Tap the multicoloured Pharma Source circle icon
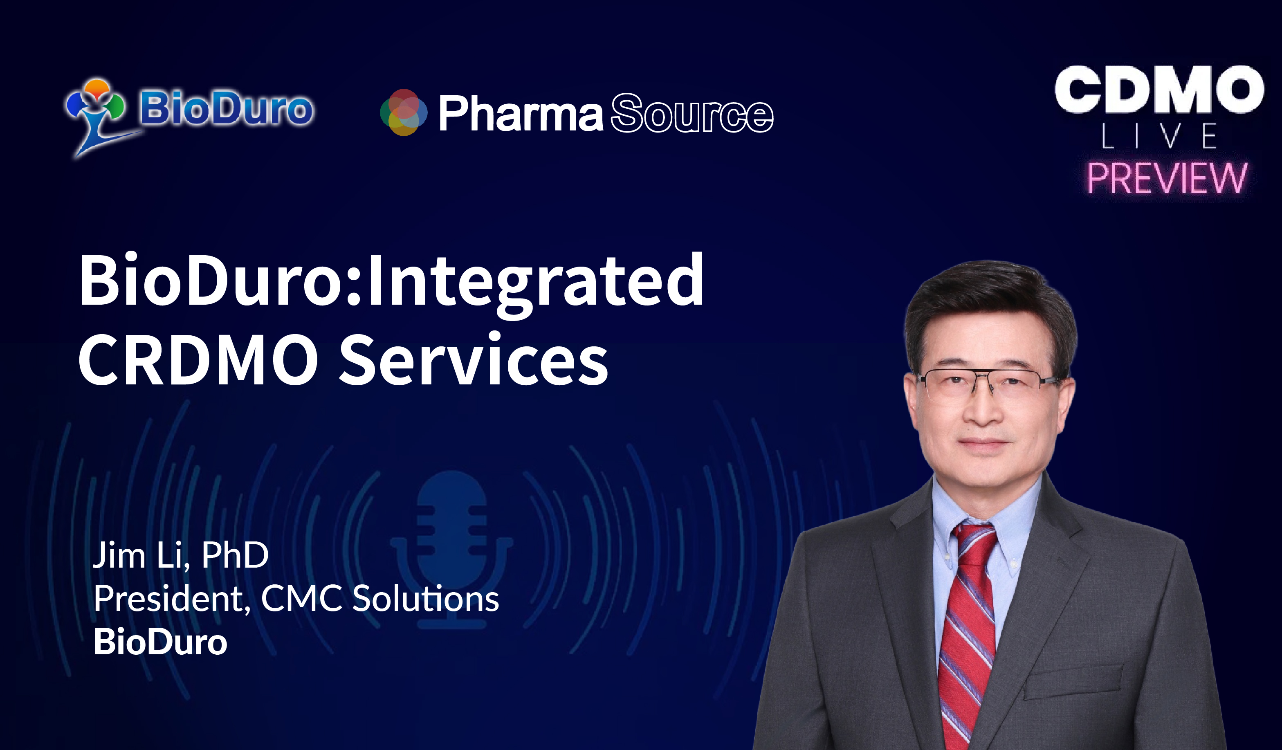404,112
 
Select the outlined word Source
692,113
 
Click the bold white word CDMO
1159,89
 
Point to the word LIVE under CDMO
1159,136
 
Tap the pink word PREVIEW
1167,178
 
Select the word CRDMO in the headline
198,359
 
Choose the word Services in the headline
474,359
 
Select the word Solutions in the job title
426,598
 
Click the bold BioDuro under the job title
160,642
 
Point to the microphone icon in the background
452,550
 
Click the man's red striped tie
967,631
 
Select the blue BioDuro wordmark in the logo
227,108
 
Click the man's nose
983,407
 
